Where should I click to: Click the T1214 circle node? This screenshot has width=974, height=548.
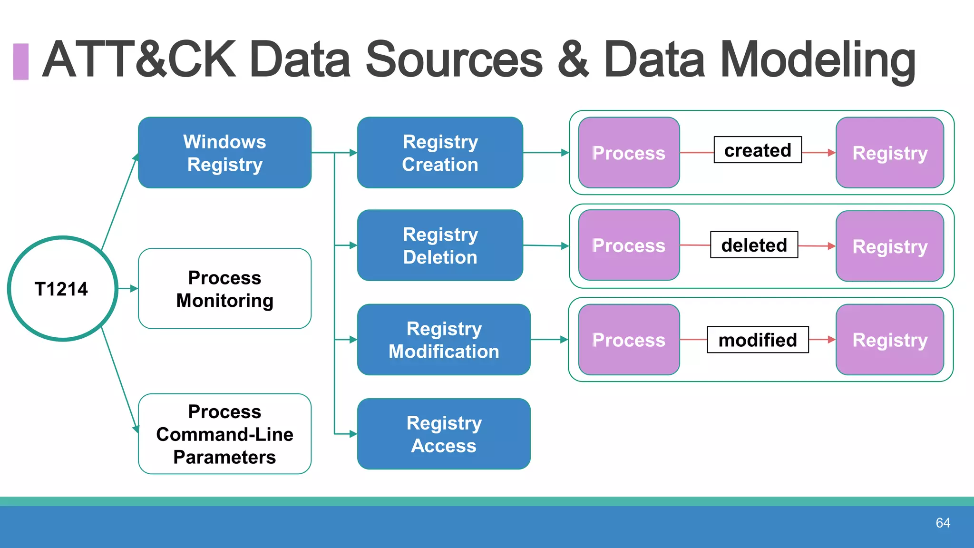pyautogui.click(x=62, y=289)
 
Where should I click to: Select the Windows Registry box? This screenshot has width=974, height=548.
pyautogui.click(x=224, y=153)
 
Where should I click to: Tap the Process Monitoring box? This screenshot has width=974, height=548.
pyautogui.click(x=224, y=289)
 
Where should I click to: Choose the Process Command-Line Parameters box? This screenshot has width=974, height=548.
pyautogui.click(x=224, y=434)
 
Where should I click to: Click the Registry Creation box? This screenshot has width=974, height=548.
pyautogui.click(x=440, y=153)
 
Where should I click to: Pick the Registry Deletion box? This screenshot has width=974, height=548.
pyautogui.click(x=440, y=245)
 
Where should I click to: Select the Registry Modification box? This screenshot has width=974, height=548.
pyautogui.click(x=443, y=340)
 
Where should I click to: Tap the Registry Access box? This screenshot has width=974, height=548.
pyautogui.click(x=443, y=434)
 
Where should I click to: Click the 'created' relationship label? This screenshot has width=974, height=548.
pyautogui.click(x=757, y=150)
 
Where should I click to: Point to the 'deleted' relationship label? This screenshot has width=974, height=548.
pyautogui.click(x=754, y=245)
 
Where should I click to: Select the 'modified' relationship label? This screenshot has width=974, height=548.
pyautogui.click(x=757, y=340)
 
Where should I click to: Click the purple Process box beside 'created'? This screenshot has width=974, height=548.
pyautogui.click(x=629, y=153)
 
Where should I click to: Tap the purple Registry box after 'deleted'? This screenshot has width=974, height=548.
pyautogui.click(x=889, y=246)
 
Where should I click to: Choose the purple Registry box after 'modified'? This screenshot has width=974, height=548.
pyautogui.click(x=889, y=340)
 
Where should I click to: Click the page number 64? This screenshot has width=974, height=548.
pyautogui.click(x=943, y=523)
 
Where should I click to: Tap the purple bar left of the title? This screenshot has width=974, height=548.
pyautogui.click(x=20, y=61)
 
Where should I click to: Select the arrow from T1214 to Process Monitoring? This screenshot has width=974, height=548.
pyautogui.click(x=128, y=289)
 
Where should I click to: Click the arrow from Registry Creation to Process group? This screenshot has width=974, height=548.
pyautogui.click(x=546, y=153)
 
